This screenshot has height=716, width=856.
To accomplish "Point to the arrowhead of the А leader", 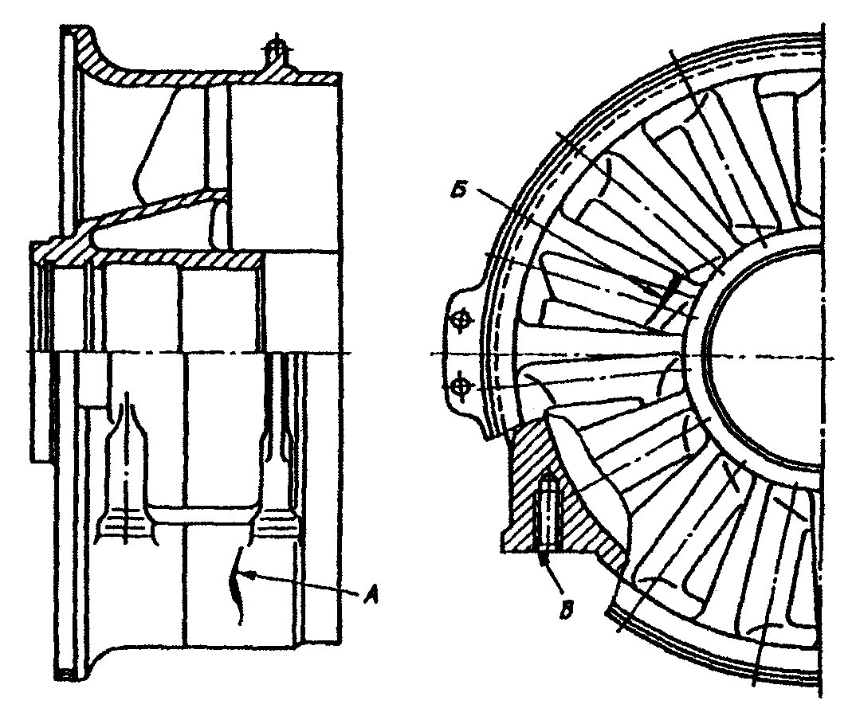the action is [248, 572].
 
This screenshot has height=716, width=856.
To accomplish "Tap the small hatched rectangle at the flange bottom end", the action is [68, 673].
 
